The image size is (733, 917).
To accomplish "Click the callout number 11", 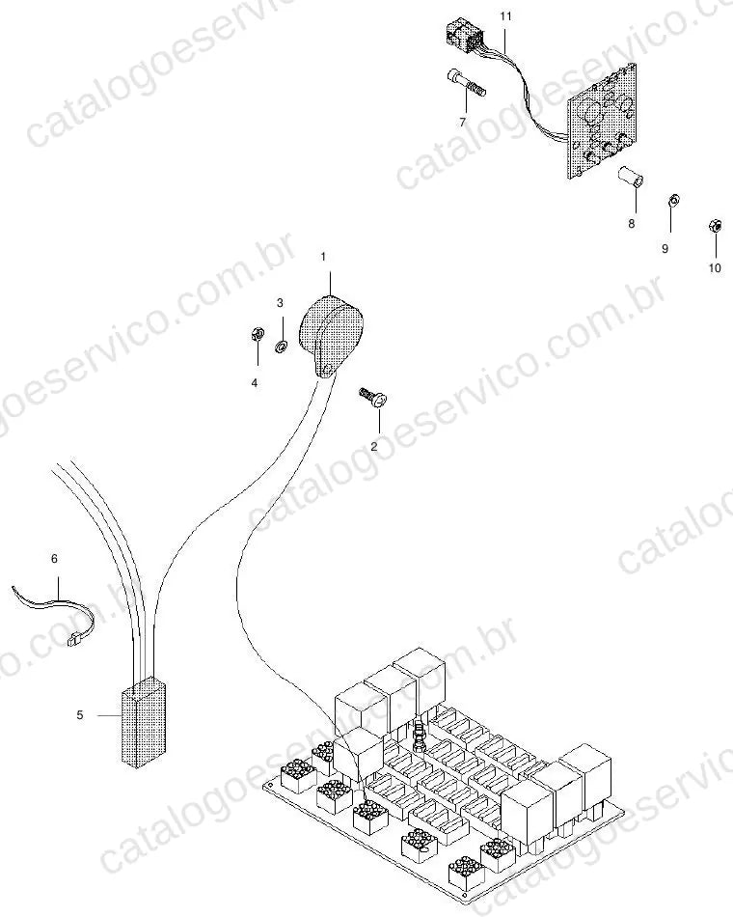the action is [505, 16].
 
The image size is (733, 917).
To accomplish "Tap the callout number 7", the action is [463, 123].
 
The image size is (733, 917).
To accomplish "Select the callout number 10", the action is [715, 267].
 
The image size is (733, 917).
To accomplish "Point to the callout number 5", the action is [80, 714].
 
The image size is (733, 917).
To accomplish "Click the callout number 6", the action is [54, 559].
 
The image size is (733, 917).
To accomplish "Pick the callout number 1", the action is [323, 256].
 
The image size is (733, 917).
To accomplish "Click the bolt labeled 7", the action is [467, 84].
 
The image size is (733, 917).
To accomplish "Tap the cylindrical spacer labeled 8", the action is [632, 177].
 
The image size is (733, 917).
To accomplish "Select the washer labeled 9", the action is [672, 201].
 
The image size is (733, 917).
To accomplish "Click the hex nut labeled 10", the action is [714, 225].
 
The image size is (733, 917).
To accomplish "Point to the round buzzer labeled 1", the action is [330, 333].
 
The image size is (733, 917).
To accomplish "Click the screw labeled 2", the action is [373, 397].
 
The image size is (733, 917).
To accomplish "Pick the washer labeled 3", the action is [280, 347].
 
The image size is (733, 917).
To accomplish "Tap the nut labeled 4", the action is [255, 335].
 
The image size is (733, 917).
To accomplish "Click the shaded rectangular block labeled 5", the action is [144, 722].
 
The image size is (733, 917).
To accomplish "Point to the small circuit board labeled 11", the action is [602, 120].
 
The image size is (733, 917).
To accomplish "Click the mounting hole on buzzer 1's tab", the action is [327, 368].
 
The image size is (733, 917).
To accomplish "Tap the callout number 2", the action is [374, 446].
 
